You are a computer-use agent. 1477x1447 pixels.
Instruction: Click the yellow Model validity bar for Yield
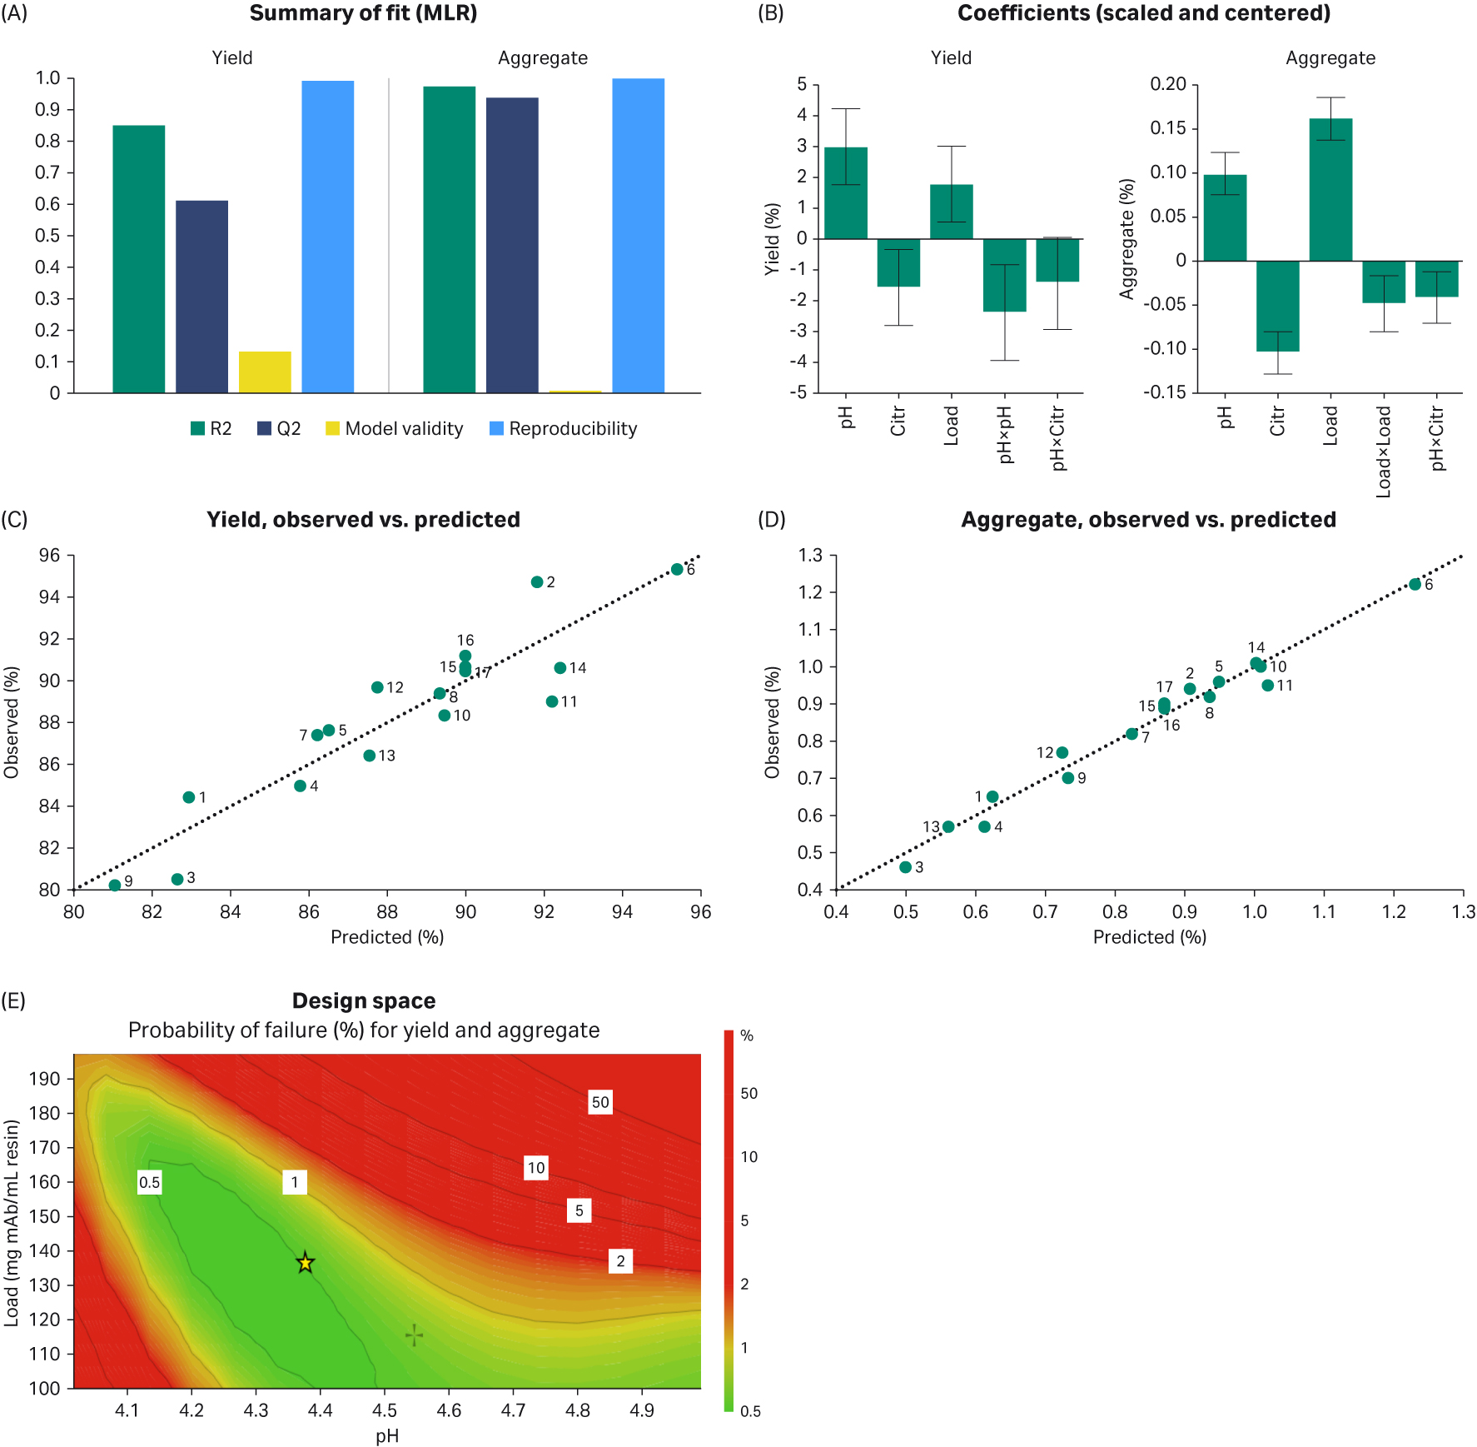point(265,372)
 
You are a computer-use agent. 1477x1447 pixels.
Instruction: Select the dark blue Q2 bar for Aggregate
point(512,245)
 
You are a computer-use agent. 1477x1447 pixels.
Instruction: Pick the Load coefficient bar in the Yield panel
point(951,212)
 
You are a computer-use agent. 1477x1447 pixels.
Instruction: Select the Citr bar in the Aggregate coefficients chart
point(1277,306)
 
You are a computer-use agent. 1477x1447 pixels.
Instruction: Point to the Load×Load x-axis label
point(1384,452)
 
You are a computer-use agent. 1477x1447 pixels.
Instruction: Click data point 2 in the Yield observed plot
point(537,582)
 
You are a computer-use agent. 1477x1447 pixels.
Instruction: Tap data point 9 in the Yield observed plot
point(115,886)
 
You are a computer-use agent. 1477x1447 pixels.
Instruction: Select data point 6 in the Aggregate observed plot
point(1415,585)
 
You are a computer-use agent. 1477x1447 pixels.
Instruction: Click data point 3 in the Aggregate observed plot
point(906,867)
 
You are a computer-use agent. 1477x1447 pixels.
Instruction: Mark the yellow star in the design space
point(306,1263)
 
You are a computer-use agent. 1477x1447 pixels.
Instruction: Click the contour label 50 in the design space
point(600,1102)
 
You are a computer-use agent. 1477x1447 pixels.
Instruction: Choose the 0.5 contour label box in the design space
point(150,1182)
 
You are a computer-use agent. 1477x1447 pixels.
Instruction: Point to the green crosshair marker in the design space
point(414,1336)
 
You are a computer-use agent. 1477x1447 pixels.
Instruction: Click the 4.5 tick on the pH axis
point(385,1410)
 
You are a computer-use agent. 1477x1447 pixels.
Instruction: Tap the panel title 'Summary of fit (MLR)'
point(363,13)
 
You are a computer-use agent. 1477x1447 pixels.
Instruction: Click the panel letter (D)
point(771,520)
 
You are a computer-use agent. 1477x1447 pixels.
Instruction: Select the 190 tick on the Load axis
point(45,1079)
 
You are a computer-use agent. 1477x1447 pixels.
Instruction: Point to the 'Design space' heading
point(364,1000)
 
